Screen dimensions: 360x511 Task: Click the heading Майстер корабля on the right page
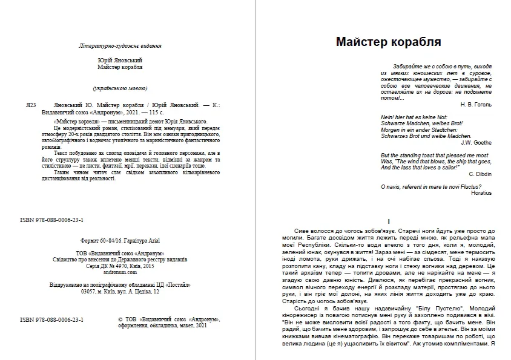387,42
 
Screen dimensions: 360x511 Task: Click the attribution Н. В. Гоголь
476,105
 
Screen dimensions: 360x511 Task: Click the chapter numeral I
387,221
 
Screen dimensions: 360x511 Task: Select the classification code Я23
32,104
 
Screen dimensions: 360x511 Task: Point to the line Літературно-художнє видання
120,46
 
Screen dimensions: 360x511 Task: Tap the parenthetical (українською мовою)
120,88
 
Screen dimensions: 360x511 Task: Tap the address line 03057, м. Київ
120,291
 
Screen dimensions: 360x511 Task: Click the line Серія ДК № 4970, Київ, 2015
120,266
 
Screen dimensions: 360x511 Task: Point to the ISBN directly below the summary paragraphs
51,221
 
